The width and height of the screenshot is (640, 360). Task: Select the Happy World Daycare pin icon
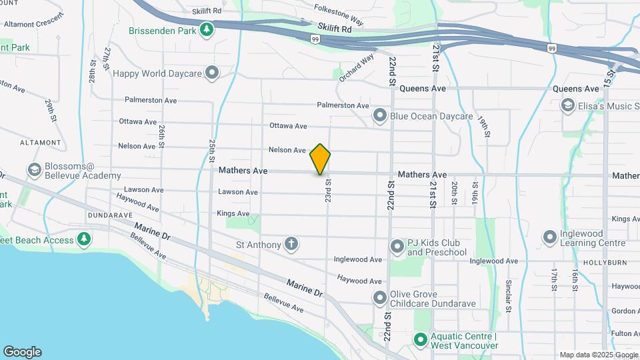(213, 73)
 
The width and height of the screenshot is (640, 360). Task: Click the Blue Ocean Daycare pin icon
(380, 116)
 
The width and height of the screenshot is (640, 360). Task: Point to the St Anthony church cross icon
(291, 244)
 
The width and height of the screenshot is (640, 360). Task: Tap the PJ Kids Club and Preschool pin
(397, 247)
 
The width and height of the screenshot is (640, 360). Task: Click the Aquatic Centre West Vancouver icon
(420, 340)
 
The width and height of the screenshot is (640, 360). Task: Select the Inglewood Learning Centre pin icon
(550, 237)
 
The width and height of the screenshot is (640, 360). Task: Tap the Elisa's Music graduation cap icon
(567, 105)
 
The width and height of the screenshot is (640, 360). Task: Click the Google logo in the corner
(22, 351)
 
